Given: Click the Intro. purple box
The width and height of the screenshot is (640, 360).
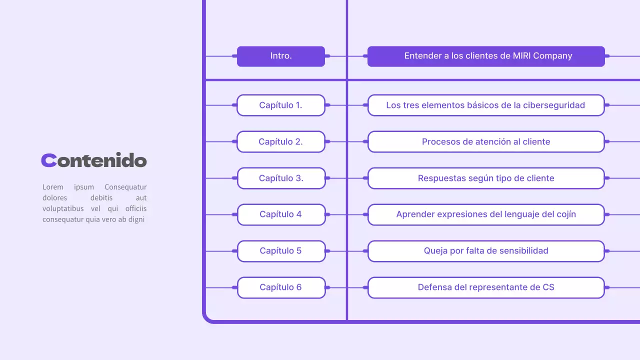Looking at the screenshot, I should pyautogui.click(x=280, y=56).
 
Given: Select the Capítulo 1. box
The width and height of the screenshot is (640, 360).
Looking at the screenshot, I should pyautogui.click(x=280, y=105).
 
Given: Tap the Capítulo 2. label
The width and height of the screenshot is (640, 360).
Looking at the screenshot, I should pyautogui.click(x=280, y=142).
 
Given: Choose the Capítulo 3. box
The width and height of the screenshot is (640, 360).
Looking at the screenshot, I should pyautogui.click(x=280, y=178).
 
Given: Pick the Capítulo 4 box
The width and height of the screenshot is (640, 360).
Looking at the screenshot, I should pyautogui.click(x=280, y=214).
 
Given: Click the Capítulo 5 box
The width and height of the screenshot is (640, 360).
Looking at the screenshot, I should pyautogui.click(x=280, y=251).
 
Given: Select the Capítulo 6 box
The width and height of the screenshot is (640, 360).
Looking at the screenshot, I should pyautogui.click(x=280, y=287).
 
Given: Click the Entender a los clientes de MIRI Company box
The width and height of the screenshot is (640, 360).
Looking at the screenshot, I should pyautogui.click(x=486, y=56).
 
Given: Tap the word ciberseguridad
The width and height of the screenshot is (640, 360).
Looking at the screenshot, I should pyautogui.click(x=554, y=105).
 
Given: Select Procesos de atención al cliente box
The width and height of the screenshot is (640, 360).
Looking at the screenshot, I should pyautogui.click(x=486, y=142).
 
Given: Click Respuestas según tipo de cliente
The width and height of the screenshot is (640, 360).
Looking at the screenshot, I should pyautogui.click(x=486, y=178).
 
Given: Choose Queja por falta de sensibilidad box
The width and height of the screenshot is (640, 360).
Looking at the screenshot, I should pyautogui.click(x=486, y=251).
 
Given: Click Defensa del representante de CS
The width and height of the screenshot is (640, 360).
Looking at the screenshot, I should pyautogui.click(x=486, y=287).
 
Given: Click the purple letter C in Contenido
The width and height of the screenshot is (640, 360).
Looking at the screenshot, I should pyautogui.click(x=48, y=160).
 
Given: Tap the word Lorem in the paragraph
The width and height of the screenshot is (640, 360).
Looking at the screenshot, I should pyautogui.click(x=53, y=187).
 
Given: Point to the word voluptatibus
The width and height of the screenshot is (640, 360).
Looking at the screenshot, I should pyautogui.click(x=63, y=208).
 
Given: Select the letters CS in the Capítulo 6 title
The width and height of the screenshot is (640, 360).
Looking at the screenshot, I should pyautogui.click(x=548, y=287).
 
